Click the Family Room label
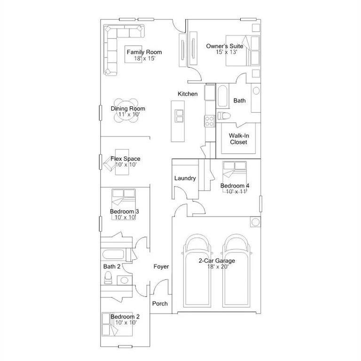coord(144,52)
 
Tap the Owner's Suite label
coord(225,46)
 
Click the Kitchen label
coord(188,94)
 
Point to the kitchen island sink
coord(179,115)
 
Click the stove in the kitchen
coord(209,121)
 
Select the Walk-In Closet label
coord(238,139)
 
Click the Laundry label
coord(185,179)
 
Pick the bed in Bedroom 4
coord(235,171)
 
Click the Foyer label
coord(161,267)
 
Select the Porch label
coord(160,304)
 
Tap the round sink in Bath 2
coord(124,281)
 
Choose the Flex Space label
coord(125,159)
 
